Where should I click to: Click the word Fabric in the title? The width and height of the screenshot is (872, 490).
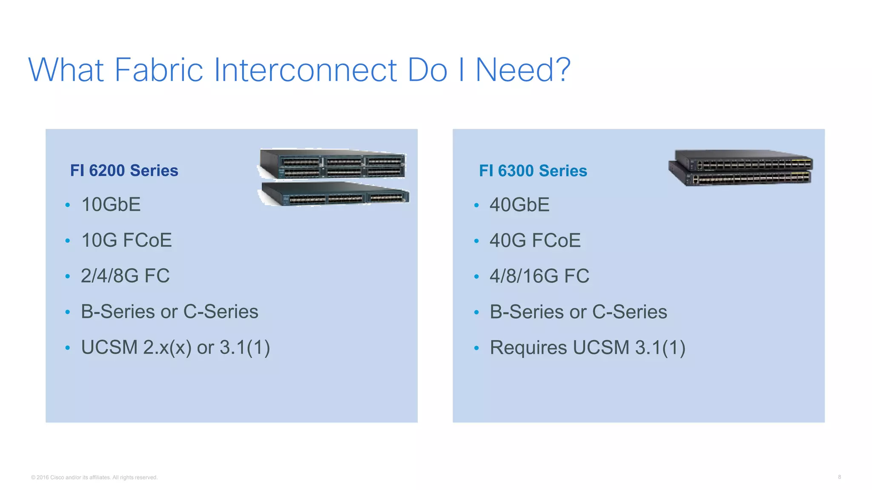(x=158, y=70)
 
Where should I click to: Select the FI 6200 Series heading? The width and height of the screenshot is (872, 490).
(x=124, y=171)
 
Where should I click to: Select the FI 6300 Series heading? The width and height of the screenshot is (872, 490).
(x=533, y=171)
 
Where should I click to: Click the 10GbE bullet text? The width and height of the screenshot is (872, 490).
(x=111, y=205)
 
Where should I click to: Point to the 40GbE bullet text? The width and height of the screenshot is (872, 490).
(x=519, y=205)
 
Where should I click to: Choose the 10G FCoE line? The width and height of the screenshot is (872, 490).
(x=126, y=240)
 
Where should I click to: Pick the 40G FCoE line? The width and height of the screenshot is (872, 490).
(x=535, y=241)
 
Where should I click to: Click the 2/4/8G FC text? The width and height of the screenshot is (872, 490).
(x=125, y=276)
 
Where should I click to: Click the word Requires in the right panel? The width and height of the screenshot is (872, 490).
(x=528, y=348)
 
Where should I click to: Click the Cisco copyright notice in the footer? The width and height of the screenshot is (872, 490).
(x=94, y=477)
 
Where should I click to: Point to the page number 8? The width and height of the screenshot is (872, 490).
(x=839, y=477)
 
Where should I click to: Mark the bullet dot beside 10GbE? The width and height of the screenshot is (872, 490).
(x=67, y=205)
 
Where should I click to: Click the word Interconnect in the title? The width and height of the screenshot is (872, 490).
(x=305, y=70)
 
